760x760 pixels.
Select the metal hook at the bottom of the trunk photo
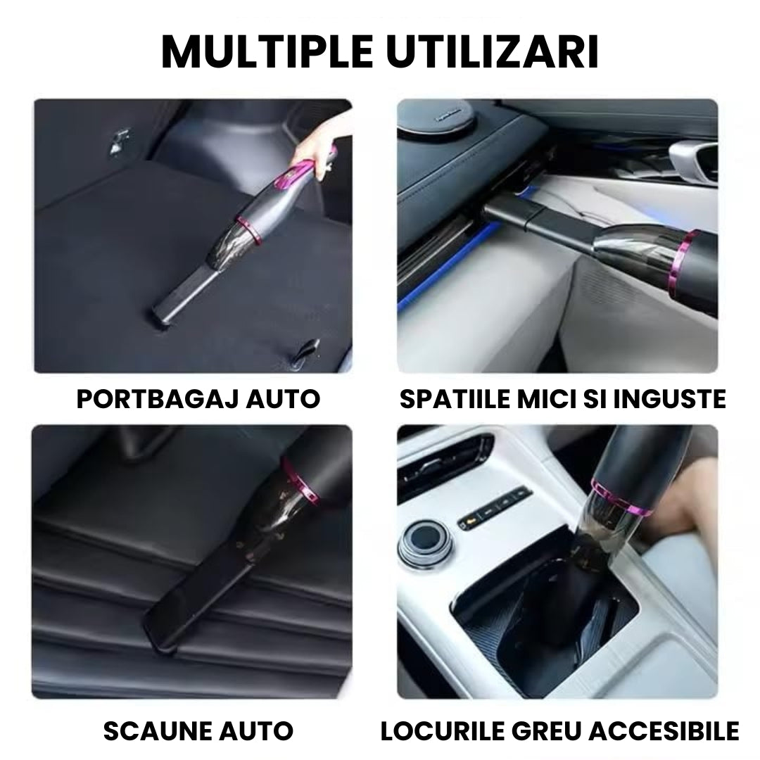(x=308, y=349)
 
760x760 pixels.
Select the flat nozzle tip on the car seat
(x=158, y=619)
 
